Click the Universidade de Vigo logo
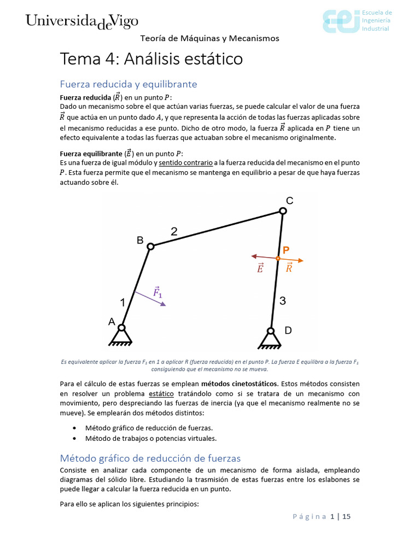(81, 21)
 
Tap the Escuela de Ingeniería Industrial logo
(356, 21)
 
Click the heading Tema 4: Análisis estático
(151, 59)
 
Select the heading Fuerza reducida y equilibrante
(128, 84)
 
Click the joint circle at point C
(283, 211)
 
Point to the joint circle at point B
(151, 247)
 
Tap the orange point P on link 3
(278, 258)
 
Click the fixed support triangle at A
(121, 336)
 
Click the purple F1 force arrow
(150, 298)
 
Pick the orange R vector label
(289, 268)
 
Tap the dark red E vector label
(260, 268)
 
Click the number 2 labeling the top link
(174, 232)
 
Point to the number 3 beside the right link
(283, 300)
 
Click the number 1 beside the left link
(123, 302)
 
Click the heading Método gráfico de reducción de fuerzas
(150, 458)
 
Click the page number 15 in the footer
(346, 516)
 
